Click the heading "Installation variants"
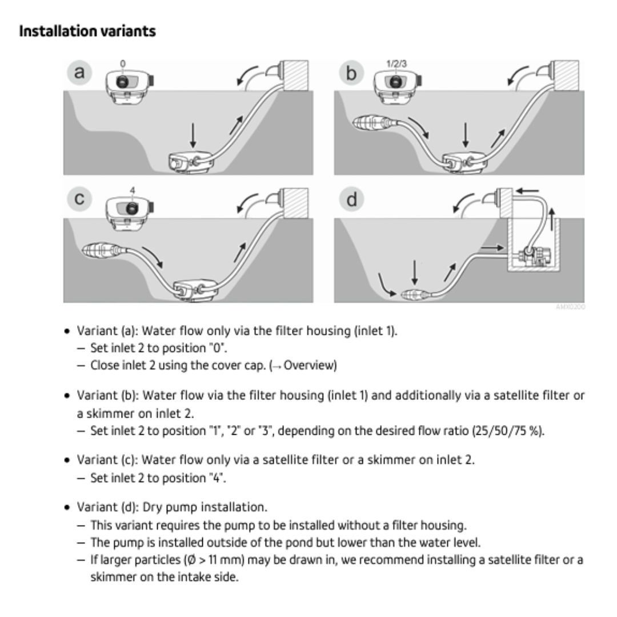point(87,31)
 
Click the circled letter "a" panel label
point(81,72)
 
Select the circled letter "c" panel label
point(81,199)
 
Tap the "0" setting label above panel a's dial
point(123,63)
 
